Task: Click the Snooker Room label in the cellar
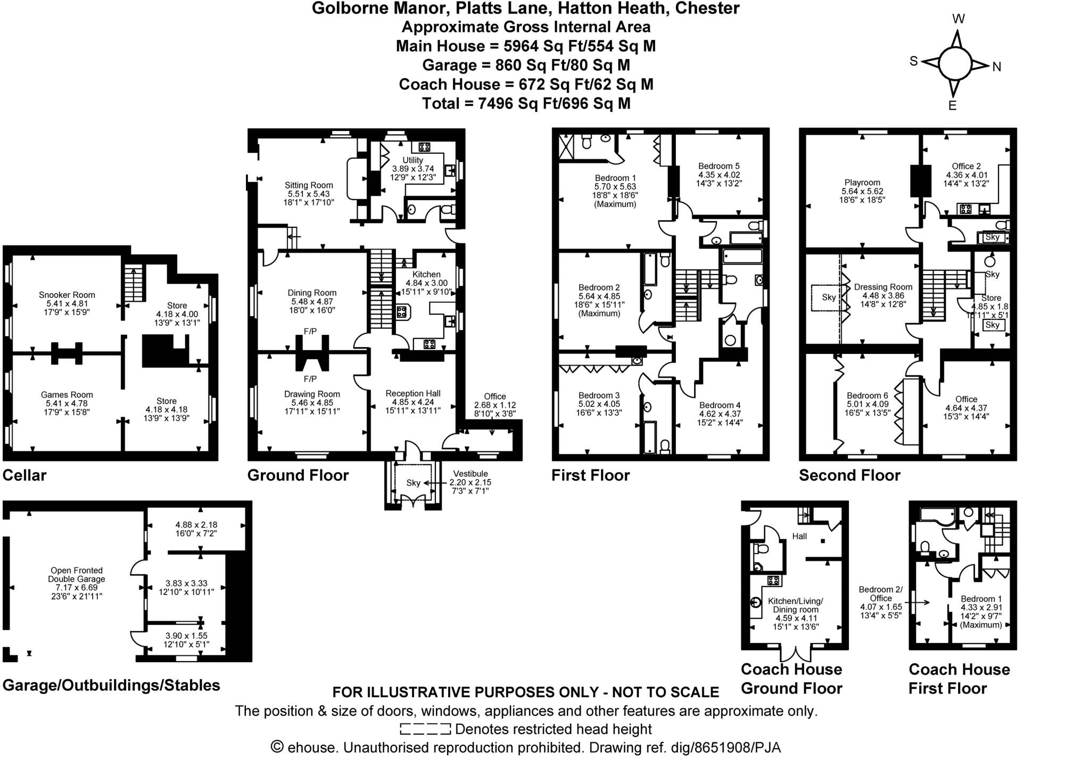(x=67, y=295)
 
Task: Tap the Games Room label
(x=67, y=395)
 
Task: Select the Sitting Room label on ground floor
(x=309, y=185)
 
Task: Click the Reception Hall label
(x=413, y=393)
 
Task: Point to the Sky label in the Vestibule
(x=413, y=483)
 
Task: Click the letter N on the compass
(x=997, y=67)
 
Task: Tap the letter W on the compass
(x=958, y=19)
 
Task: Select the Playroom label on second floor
(x=862, y=183)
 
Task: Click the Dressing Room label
(x=883, y=287)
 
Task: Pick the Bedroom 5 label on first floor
(x=719, y=166)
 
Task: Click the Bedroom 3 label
(x=599, y=395)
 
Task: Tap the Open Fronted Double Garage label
(x=76, y=575)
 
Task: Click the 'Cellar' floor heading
(x=24, y=475)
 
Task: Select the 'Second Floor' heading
(x=849, y=475)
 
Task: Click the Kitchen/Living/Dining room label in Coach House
(x=795, y=605)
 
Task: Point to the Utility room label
(x=412, y=160)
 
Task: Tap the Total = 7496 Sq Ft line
(x=526, y=103)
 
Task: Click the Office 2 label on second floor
(x=966, y=166)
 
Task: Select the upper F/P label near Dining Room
(x=310, y=332)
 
